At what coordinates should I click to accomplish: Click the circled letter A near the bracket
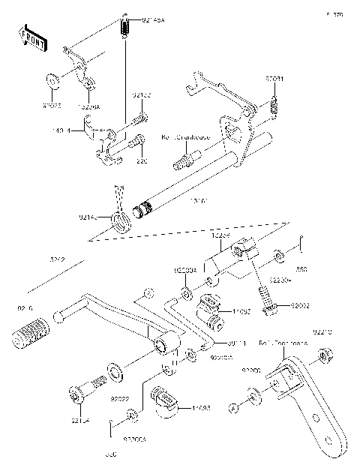[x=234, y=407]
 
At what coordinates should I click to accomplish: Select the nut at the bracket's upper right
[x=322, y=355]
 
